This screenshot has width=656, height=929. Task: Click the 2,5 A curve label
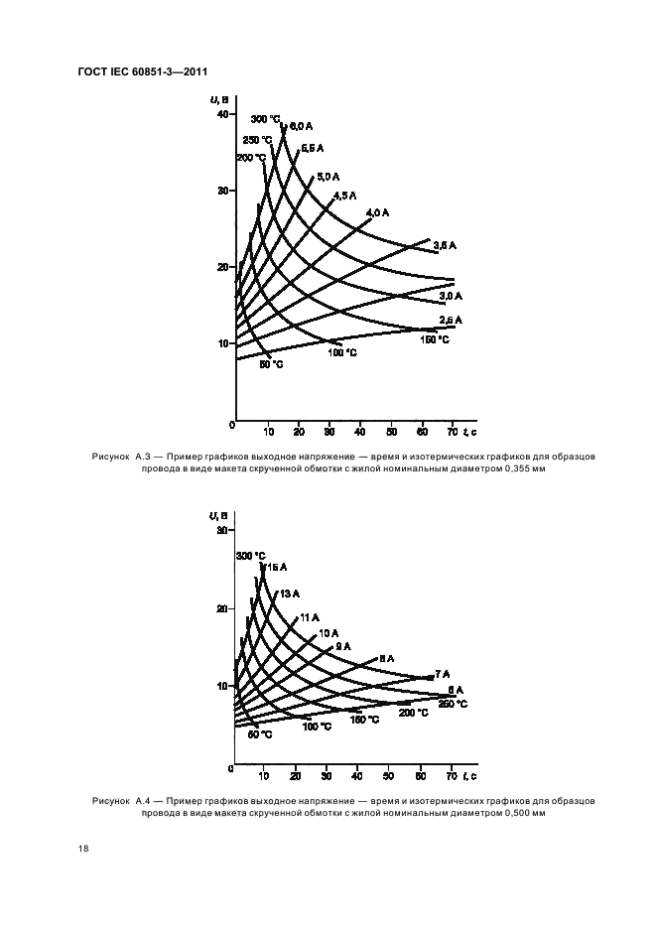coord(451,320)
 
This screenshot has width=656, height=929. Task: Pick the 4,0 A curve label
coord(378,212)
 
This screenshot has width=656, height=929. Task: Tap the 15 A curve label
coord(277,566)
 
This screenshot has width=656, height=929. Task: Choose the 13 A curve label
coord(290,593)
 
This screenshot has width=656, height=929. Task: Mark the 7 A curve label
coord(442,674)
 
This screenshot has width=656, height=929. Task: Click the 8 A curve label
coord(386,658)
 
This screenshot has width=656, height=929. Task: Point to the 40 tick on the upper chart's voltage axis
coord(221,114)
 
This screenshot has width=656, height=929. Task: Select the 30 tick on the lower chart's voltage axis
coord(221,531)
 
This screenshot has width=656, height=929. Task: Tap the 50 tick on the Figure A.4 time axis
coord(389,775)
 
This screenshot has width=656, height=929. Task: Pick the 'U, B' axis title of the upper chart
coord(219,98)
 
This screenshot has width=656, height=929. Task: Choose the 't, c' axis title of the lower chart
coord(470,775)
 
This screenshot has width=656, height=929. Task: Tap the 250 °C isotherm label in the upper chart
coord(257,139)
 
